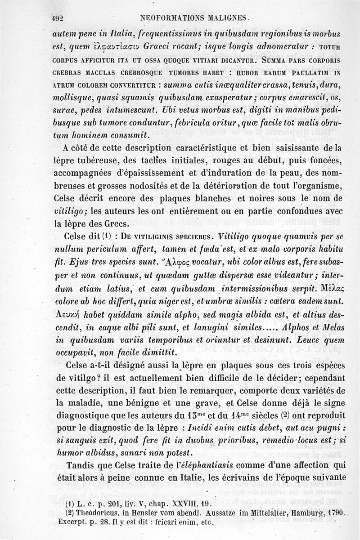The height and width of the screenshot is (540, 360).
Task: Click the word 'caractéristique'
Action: tap(188, 148)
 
